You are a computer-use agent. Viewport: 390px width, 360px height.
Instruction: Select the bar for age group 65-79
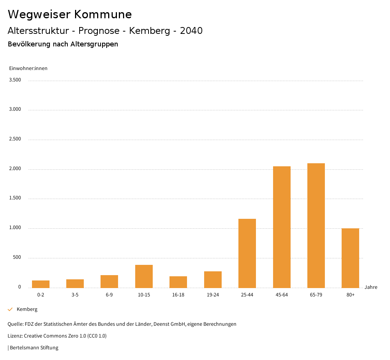tap(316, 225)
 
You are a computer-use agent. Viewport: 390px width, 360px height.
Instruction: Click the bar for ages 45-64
tap(281, 227)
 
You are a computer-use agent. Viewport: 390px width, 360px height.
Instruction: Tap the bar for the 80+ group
tap(350, 258)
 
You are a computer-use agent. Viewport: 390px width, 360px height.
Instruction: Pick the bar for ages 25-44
tap(247, 253)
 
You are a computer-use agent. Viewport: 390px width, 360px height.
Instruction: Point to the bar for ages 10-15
tap(144, 276)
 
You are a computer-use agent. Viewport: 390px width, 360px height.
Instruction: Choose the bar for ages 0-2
tap(40, 284)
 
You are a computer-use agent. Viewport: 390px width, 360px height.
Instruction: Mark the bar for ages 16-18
tap(178, 282)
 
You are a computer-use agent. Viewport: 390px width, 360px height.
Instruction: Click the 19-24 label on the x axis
tap(213, 295)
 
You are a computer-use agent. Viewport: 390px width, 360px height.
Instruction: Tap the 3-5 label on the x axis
tap(75, 295)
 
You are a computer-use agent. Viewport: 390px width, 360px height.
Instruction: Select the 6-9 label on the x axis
tap(109, 295)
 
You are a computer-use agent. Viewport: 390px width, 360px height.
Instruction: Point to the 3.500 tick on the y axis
tap(15, 80)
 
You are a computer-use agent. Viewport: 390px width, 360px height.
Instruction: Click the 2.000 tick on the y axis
tap(15, 169)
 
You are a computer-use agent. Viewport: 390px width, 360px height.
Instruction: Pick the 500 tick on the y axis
tap(17, 258)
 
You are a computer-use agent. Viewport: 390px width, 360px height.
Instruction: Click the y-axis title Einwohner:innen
tap(28, 68)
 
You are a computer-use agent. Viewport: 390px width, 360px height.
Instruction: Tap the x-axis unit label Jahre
tap(371, 287)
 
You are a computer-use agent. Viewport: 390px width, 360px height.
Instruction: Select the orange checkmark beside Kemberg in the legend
tap(10, 309)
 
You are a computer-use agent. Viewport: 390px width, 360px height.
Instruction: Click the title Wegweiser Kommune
tap(70, 14)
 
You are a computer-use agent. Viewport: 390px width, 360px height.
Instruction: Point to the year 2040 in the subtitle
tap(191, 31)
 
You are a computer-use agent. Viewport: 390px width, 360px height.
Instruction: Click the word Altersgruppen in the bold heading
tap(94, 44)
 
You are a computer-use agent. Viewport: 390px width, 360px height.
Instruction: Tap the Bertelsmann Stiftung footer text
tap(34, 348)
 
